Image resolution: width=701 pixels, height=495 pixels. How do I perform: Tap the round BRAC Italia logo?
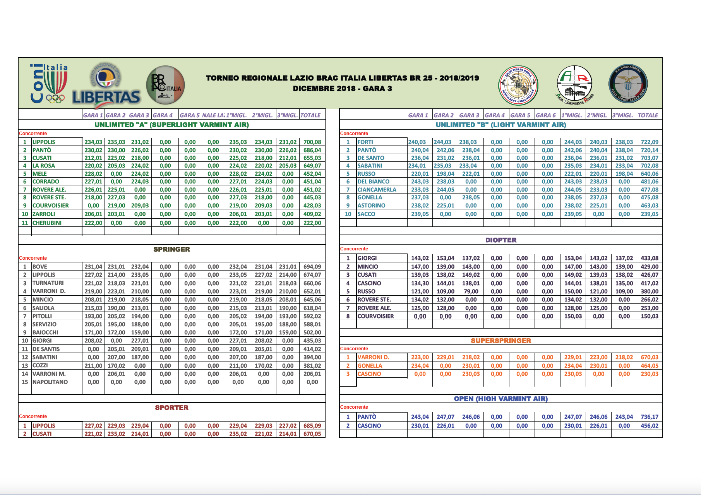tap(165, 85)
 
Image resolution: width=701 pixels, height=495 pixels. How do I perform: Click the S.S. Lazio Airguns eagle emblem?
tap(628, 84)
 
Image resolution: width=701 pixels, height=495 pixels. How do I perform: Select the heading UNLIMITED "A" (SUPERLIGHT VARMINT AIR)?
tap(171, 125)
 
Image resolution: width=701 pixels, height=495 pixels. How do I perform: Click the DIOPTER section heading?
tap(501, 240)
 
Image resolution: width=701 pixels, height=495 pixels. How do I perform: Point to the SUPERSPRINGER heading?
tap(501, 341)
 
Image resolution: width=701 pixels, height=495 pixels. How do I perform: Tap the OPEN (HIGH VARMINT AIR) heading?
tap(501, 399)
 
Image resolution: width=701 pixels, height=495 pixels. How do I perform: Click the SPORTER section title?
tap(171, 408)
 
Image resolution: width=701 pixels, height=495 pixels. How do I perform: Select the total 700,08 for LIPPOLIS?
tap(312, 142)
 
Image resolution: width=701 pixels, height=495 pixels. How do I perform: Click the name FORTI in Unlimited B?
tap(365, 142)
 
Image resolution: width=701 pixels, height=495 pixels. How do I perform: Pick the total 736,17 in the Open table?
tap(650, 417)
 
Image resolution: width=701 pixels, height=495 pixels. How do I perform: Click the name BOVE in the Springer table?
tap(40, 267)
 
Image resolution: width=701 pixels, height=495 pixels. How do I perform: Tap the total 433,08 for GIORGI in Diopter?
tap(650, 258)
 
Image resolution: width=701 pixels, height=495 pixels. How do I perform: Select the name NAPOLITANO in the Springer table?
tap(50, 382)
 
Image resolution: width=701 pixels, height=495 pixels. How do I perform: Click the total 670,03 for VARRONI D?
tap(650, 357)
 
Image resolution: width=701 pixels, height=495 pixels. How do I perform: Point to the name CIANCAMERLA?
tap(377, 190)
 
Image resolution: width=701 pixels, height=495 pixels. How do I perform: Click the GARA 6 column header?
tap(546, 115)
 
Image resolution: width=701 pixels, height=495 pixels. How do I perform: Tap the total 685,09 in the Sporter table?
tap(312, 426)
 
